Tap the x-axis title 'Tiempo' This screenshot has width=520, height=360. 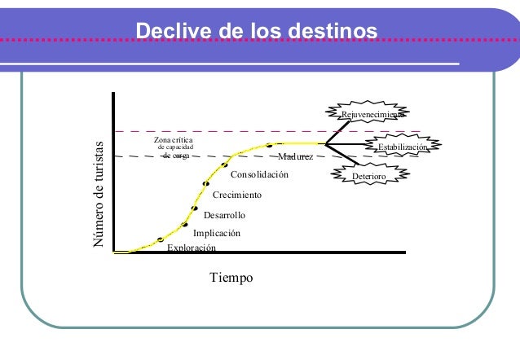[231, 278]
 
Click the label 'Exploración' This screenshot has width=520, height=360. [192, 248]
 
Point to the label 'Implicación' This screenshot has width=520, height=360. [217, 233]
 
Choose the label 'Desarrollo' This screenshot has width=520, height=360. [224, 215]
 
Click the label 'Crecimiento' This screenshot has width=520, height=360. [237, 195]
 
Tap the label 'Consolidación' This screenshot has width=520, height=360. [260, 175]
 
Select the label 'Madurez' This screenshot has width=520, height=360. [295, 156]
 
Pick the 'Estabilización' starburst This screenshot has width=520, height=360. [402, 147]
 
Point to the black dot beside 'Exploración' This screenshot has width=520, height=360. [161, 239]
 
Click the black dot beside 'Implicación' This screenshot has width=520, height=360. [185, 224]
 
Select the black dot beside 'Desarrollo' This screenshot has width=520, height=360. [195, 209]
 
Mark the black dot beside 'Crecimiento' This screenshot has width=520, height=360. [206, 183]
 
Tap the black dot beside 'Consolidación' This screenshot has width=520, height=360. [224, 165]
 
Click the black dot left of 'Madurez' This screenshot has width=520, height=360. [269, 146]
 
